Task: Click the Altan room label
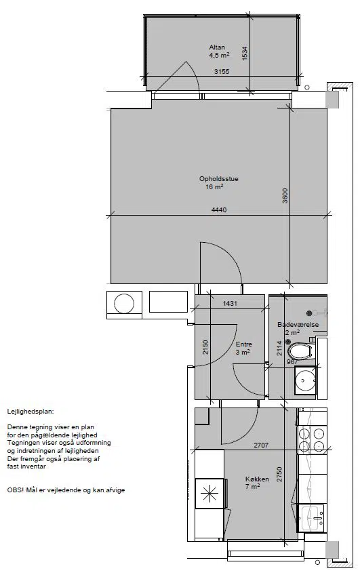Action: [217, 47]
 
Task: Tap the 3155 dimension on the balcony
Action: [222, 71]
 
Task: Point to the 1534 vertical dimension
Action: [245, 53]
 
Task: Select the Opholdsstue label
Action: [219, 179]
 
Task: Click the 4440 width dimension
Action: [219, 210]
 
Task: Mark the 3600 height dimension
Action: [285, 195]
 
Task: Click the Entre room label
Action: [244, 344]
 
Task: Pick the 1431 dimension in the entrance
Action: [231, 303]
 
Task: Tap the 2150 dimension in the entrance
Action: [205, 347]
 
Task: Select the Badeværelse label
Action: [298, 325]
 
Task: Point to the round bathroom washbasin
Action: [305, 379]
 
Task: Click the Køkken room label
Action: [257, 479]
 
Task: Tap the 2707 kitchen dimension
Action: [261, 445]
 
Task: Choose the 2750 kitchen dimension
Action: [279, 474]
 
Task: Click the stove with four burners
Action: [313, 440]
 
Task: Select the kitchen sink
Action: [313, 518]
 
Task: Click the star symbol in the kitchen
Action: [209, 493]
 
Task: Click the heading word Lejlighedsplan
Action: [31, 412]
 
